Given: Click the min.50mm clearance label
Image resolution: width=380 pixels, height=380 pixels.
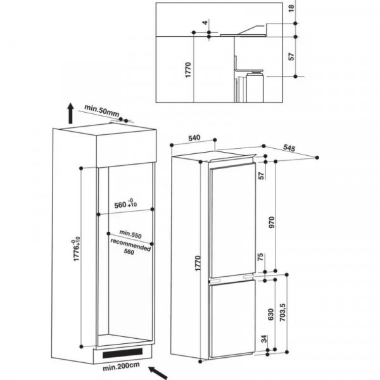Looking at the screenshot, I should (x=101, y=111).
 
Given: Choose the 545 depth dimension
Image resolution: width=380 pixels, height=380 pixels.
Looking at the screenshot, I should (x=289, y=148).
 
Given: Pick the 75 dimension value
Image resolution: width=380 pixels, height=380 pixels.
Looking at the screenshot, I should (x=260, y=258).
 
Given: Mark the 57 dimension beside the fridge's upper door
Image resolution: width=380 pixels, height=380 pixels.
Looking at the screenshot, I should (x=260, y=176).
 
